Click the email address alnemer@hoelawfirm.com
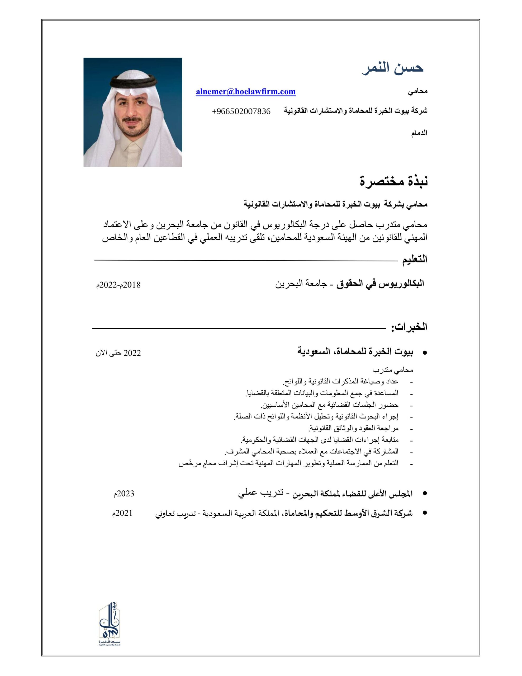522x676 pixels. pos(245,92)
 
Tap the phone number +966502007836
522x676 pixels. pos(241,111)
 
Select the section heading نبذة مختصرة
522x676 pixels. pos(393,181)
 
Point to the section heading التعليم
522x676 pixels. pos(414,259)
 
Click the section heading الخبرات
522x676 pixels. pos(409,327)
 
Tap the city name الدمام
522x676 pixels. pos(419,133)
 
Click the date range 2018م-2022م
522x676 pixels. pos(118,285)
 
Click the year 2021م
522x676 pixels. pos(122,513)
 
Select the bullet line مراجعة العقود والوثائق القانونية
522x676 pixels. pos(353,428)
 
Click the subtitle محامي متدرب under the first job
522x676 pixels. pos(393,370)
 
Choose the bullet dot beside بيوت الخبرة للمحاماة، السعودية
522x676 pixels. pos(425,353)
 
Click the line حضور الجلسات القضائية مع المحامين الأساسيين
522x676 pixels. pos(330,405)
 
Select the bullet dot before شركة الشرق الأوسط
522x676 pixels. pos(425,513)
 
